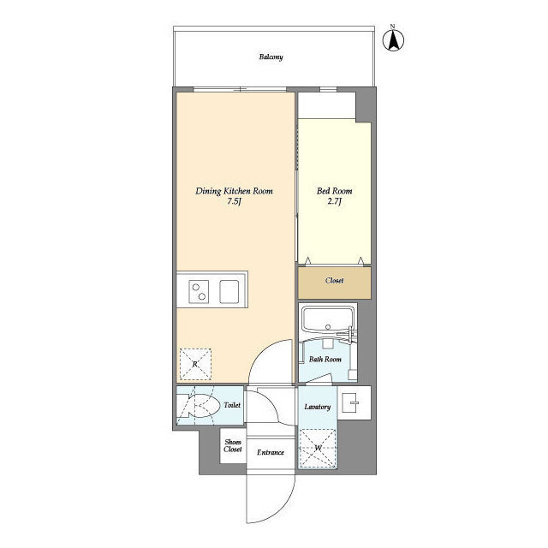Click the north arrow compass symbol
click(x=395, y=39)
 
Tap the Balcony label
click(x=271, y=58)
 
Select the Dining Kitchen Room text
click(x=235, y=191)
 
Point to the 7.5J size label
click(x=234, y=202)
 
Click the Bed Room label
click(x=334, y=191)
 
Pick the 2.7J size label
click(x=334, y=202)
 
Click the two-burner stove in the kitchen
click(x=197, y=291)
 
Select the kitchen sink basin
click(x=232, y=291)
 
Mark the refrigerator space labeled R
click(x=195, y=365)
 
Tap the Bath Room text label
click(x=325, y=359)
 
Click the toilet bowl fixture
click(x=199, y=408)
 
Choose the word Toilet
click(x=231, y=405)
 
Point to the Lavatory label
click(x=317, y=406)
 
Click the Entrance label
click(x=271, y=451)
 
